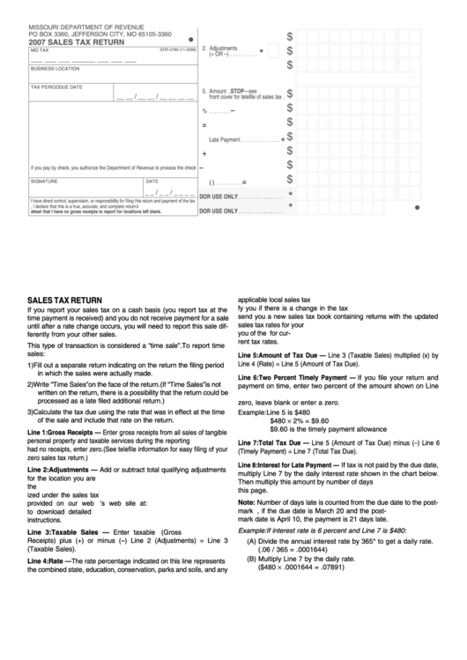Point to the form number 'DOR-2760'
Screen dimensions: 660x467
tap(172, 50)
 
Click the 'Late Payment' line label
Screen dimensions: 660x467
tap(226, 140)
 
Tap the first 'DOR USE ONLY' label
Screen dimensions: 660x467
tap(219, 196)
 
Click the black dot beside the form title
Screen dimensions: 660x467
tap(191, 40)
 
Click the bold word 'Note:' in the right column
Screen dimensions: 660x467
tap(248, 501)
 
